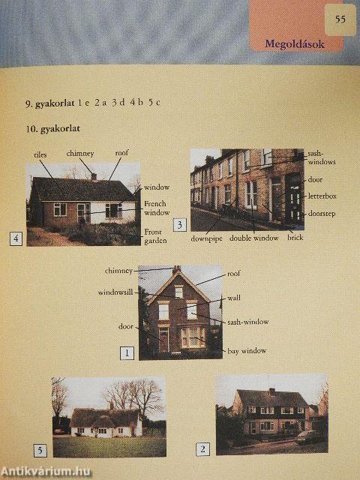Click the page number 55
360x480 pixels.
[340, 19]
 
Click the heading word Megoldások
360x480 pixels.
[295, 44]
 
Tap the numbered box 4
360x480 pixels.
[16, 238]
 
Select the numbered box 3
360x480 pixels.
[180, 225]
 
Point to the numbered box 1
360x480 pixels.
[127, 353]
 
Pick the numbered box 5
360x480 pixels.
[40, 451]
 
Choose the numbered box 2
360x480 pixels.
[202, 449]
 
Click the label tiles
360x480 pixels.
[40, 155]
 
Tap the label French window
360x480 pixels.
[157, 208]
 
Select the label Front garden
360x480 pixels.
[155, 236]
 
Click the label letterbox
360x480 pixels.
[322, 196]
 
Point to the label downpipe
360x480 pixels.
[206, 238]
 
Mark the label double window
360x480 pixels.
[253, 238]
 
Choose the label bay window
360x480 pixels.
[247, 351]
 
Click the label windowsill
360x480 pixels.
[115, 292]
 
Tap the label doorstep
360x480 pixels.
[322, 213]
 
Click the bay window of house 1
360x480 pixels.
[193, 337]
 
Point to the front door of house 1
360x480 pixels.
[163, 340]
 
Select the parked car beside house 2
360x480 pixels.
[308, 437]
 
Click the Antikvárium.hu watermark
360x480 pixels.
[46, 472]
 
